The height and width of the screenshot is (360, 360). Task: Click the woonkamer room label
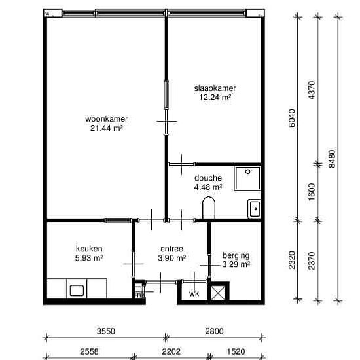(106, 119)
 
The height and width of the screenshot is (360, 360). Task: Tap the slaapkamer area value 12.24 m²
(215, 98)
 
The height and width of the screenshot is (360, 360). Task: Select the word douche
(208, 178)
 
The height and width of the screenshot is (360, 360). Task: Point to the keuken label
(89, 249)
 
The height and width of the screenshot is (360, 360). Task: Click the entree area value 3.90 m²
(171, 258)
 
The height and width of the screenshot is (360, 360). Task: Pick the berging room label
(236, 255)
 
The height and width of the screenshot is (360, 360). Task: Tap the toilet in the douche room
(209, 207)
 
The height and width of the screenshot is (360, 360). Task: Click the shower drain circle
(247, 171)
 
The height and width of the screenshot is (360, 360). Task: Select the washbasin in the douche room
(255, 209)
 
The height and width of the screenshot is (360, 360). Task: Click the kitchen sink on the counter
(77, 291)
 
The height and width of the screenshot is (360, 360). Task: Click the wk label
(194, 294)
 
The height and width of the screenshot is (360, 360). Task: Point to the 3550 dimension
(106, 331)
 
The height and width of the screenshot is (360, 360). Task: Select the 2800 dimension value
(214, 331)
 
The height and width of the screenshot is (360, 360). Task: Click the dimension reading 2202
(171, 351)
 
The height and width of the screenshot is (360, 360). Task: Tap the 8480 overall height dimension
(332, 158)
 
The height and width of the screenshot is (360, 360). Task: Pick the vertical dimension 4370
(312, 90)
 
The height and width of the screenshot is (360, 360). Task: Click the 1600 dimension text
(312, 192)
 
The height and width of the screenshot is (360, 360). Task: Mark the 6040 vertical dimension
(292, 118)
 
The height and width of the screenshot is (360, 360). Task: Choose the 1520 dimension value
(236, 351)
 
